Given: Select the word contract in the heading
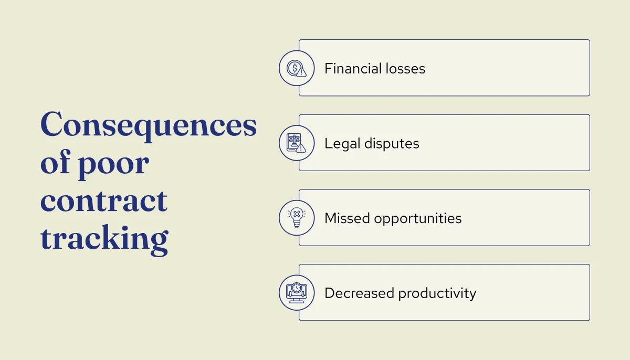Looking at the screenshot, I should coord(104,201).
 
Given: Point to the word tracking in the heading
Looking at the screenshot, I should coord(104,239).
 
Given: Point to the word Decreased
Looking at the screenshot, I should coord(360,293).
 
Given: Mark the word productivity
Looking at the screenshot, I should coord(437,293).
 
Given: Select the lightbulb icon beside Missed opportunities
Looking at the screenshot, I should coord(297,217).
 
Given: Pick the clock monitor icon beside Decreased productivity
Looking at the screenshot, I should coord(297,292).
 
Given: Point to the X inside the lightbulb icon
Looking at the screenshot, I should coord(297,214).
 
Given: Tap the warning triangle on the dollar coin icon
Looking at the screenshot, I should coord(301,72).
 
